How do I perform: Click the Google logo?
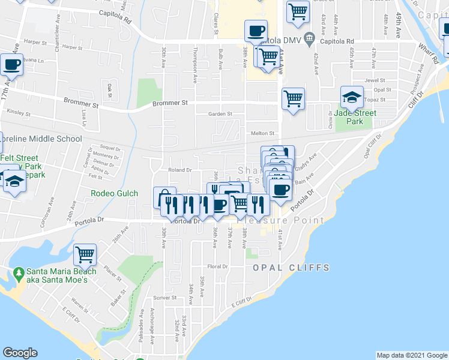point(20,353)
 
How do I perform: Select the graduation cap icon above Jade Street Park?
point(352,96)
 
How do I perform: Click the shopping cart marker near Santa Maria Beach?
point(85,254)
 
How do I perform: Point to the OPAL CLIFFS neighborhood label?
point(291,267)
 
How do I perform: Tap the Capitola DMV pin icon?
point(309,40)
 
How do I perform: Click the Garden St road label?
point(220,113)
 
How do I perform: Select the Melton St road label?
point(262,134)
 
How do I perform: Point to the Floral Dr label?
point(218,266)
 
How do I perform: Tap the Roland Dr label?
point(179,170)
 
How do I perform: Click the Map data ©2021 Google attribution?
point(411,355)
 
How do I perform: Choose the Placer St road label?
point(112,274)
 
